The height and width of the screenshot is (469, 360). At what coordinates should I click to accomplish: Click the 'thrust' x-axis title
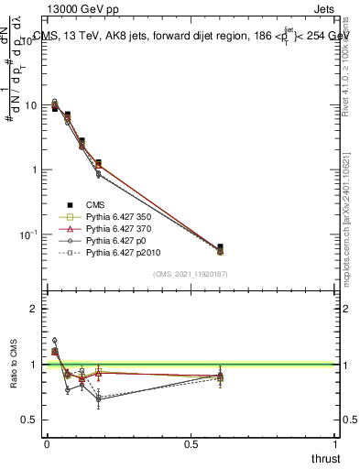pyautogui.click(x=324, y=457)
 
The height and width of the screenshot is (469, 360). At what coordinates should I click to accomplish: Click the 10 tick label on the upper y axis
pyautogui.click(x=30, y=106)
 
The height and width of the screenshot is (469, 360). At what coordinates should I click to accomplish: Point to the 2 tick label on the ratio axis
pyautogui.click(x=34, y=309)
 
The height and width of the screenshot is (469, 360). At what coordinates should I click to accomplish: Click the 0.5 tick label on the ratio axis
pyautogui.click(x=29, y=420)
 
